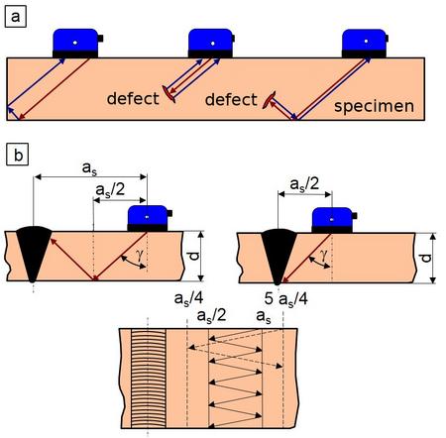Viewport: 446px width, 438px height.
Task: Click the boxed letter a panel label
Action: tap(15, 17)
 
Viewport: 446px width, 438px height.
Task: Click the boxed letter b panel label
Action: tap(18, 154)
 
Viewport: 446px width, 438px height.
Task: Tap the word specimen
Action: tap(374, 106)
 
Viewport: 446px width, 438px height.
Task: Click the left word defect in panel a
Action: tap(133, 98)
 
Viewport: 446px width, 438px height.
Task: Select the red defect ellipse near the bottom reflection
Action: tap(269, 100)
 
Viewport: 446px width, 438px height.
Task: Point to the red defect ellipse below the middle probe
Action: tap(168, 94)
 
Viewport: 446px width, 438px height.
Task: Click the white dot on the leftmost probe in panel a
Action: tap(75, 43)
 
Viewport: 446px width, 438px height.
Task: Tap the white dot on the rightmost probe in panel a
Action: tap(366, 42)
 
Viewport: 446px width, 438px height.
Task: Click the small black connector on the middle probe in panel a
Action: tap(233, 39)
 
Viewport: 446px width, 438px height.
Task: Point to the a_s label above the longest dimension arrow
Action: tap(89, 167)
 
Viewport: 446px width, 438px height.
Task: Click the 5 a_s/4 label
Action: tap(286, 299)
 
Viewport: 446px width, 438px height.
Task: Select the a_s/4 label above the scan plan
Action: tap(188, 298)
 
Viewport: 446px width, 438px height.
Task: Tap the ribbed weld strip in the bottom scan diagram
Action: tap(149, 378)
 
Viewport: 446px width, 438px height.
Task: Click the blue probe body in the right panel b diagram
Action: tap(332, 218)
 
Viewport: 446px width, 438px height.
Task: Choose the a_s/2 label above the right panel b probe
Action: tap(304, 183)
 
